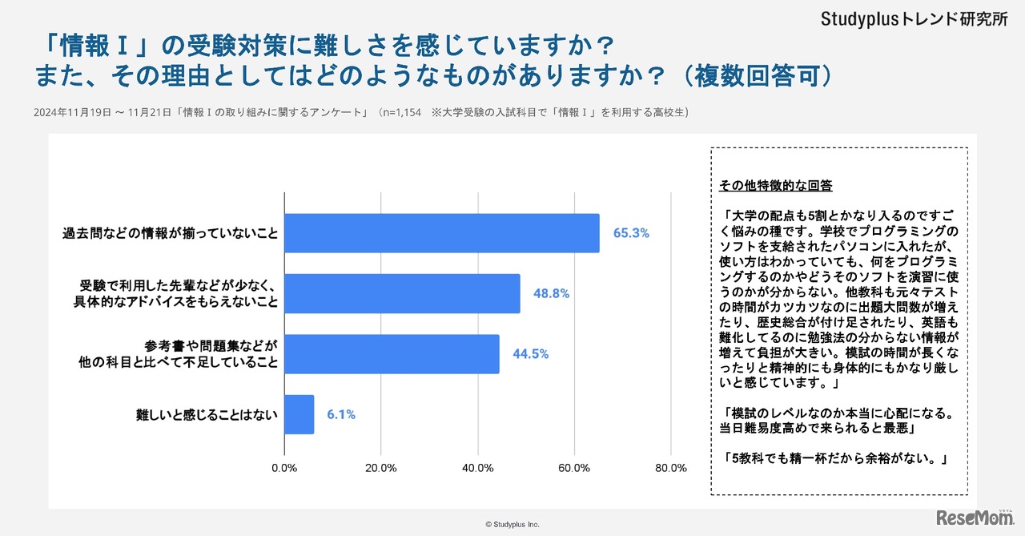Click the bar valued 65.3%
pos(442,233)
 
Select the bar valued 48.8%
pos(402,293)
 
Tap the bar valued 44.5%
pos(392,354)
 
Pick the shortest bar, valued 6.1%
pos(299,414)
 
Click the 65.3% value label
pos(631,233)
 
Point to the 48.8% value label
pos(551,293)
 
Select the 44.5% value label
pos(530,354)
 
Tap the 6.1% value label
pos(341,414)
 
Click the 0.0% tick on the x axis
pos(284,469)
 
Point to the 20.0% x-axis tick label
pos(381,469)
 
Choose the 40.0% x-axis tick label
pos(478,469)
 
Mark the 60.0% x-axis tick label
pos(574,469)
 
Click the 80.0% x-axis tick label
pos(671,469)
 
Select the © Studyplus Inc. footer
pos(512,524)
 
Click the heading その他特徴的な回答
pos(775,186)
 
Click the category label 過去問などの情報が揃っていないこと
pos(171,233)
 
